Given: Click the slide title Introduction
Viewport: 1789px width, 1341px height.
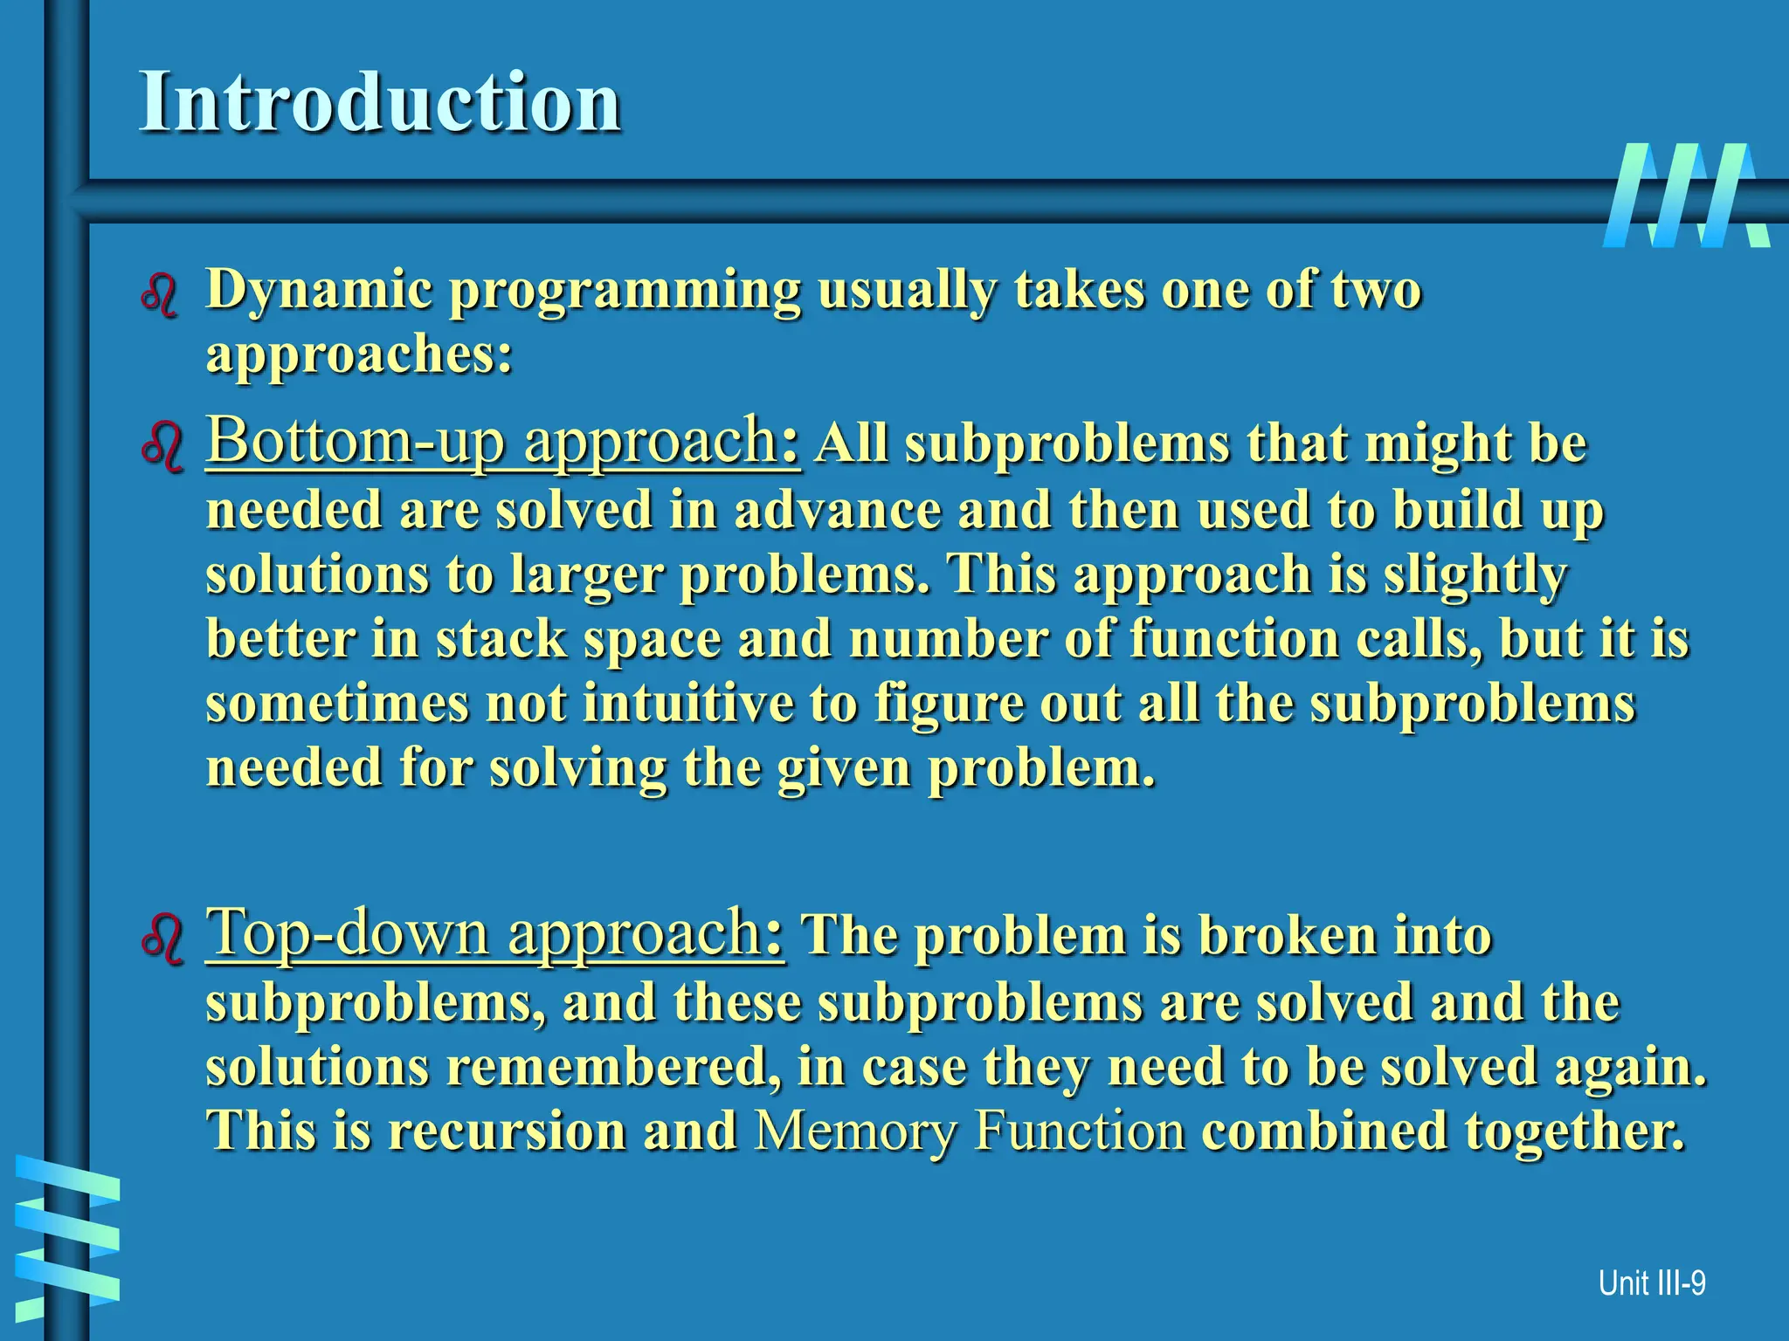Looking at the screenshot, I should pyautogui.click(x=380, y=102).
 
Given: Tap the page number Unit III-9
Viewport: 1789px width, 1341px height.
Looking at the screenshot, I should pyautogui.click(x=1651, y=1283).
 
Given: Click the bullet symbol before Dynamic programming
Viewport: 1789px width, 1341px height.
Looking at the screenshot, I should pyautogui.click(x=160, y=295).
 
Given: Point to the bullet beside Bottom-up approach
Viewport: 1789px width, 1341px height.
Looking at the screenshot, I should pyautogui.click(x=162, y=448).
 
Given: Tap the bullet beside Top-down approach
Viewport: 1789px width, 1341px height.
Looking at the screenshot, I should pyautogui.click(x=162, y=939).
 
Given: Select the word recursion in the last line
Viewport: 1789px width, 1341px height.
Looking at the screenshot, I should pyautogui.click(x=508, y=1131).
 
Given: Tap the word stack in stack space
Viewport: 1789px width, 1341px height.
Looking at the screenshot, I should pyautogui.click(x=501, y=639).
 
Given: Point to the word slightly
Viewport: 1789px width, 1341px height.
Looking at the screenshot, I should pyautogui.click(x=1475, y=576).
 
